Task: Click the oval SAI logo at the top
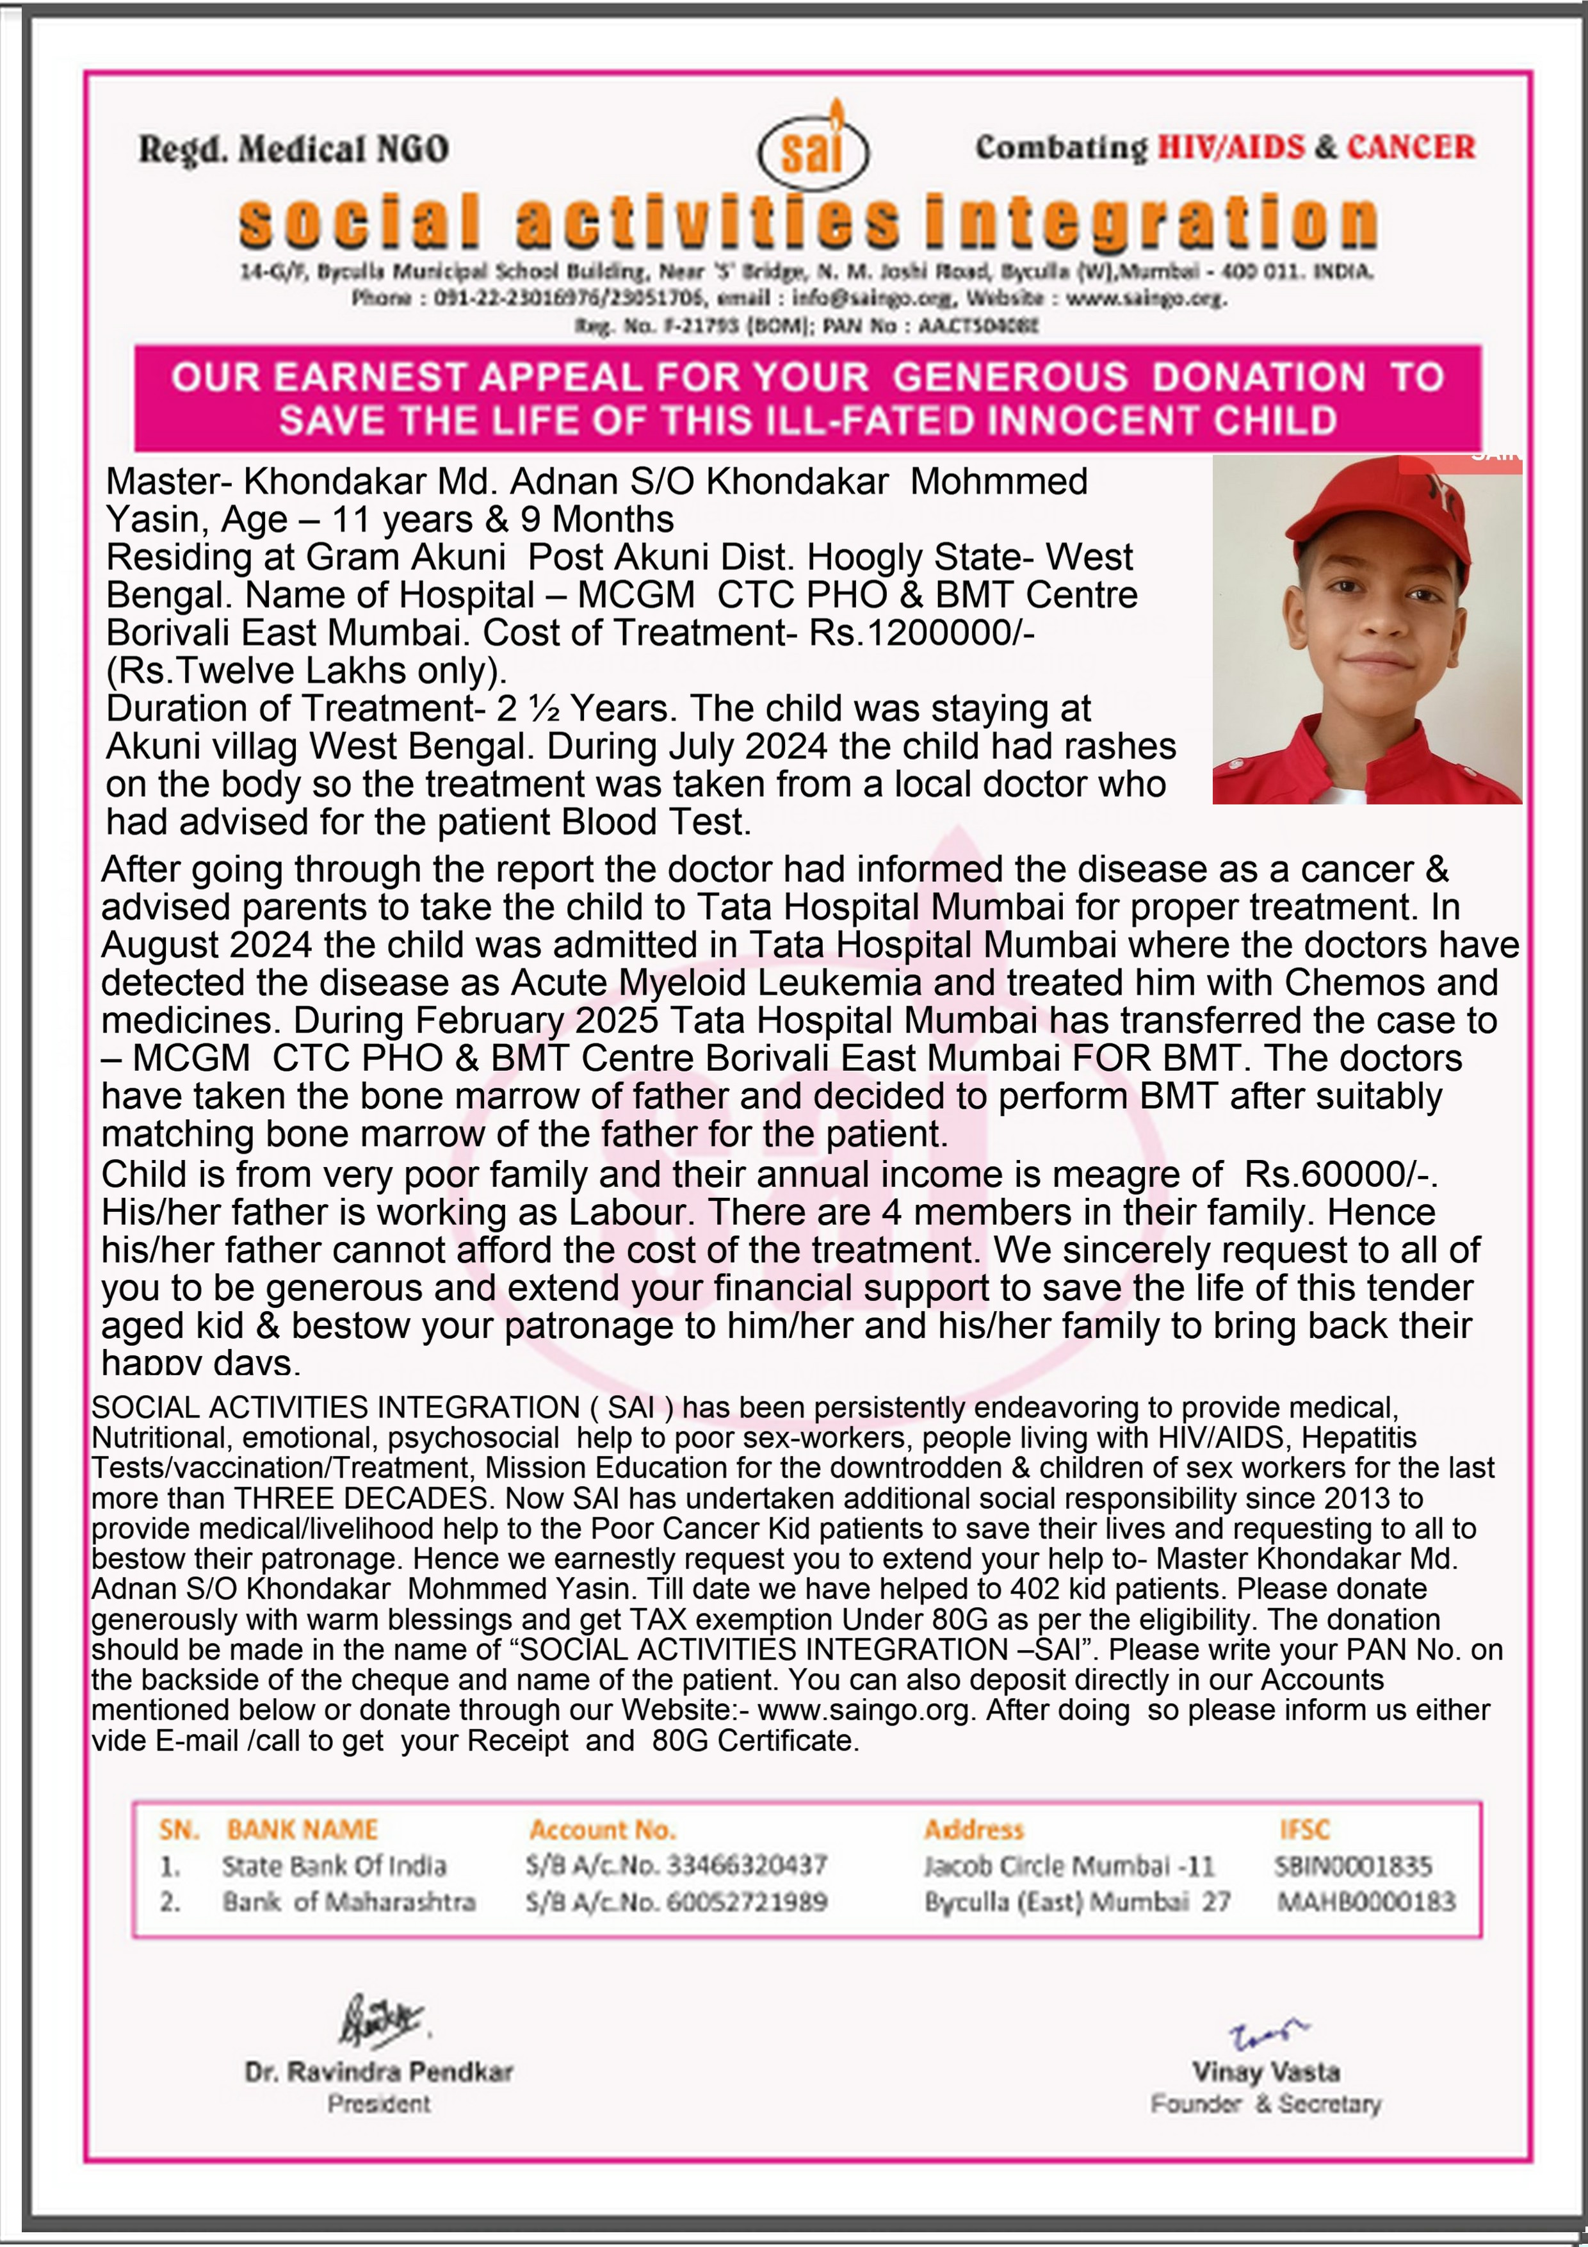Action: pyautogui.click(x=813, y=152)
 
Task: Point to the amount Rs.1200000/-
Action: pyautogui.click(x=921, y=632)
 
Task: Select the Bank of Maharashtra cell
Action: pyautogui.click(x=348, y=1902)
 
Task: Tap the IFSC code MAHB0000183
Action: pyautogui.click(x=1366, y=1902)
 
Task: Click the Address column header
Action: pyautogui.click(x=973, y=1829)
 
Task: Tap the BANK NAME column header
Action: pyautogui.click(x=302, y=1829)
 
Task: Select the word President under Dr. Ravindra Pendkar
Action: pyautogui.click(x=378, y=2103)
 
